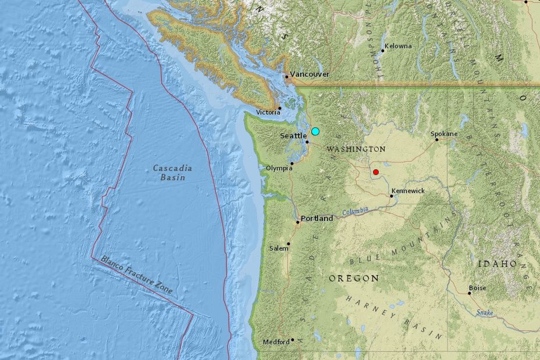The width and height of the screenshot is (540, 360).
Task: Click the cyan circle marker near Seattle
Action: [315, 131]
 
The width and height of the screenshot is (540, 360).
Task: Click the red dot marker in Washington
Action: [376, 172]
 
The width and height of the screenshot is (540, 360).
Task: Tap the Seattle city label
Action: [293, 136]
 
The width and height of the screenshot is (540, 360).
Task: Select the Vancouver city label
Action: [310, 74]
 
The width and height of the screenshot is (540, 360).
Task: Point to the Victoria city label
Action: [268, 112]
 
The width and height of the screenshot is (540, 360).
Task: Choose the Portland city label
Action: [317, 219]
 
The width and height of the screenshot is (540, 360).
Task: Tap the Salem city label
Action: [279, 248]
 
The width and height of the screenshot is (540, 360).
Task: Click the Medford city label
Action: [276, 342]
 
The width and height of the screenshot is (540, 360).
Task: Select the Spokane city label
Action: [444, 134]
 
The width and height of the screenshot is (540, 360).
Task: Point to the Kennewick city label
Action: [408, 191]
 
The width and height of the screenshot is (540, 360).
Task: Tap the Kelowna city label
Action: [399, 46]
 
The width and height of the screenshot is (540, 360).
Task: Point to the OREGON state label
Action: [354, 279]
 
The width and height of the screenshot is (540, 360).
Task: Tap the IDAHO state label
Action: [497, 264]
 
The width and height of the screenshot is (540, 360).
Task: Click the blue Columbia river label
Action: [356, 211]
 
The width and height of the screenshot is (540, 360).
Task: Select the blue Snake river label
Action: [485, 313]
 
